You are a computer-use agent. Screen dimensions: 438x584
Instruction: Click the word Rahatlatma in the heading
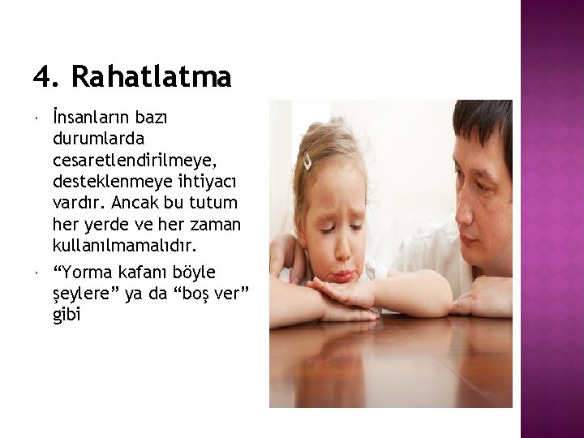tap(151, 77)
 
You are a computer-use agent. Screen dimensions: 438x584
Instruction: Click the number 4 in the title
tap(42, 77)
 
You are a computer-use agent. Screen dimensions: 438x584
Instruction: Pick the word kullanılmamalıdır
tap(124, 244)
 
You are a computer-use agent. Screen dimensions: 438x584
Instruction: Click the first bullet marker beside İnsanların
tap(38, 119)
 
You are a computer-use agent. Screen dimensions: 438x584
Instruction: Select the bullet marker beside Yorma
tap(38, 273)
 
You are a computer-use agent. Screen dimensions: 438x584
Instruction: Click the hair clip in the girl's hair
tap(308, 162)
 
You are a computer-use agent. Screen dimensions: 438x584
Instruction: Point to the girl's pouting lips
tap(342, 274)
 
